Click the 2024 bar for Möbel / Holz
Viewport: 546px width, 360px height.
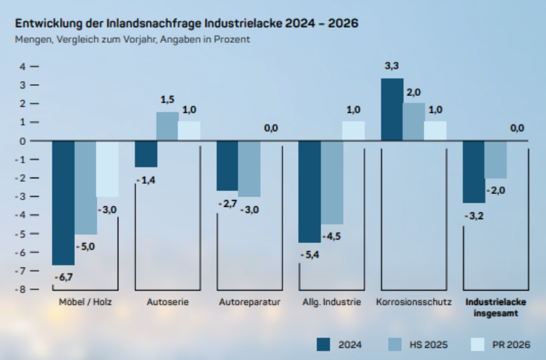[x=63, y=203]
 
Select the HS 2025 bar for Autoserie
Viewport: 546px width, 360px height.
[x=167, y=127]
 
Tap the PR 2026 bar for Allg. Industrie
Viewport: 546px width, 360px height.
[x=353, y=131]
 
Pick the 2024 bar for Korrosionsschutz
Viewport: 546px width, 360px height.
[x=392, y=110]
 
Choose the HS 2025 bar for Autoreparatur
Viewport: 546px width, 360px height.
[x=249, y=169]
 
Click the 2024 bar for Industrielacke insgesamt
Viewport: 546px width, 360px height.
[x=474, y=171]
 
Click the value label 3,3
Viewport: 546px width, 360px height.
[x=391, y=66]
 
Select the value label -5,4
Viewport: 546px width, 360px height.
[x=310, y=255]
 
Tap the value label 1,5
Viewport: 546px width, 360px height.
[x=167, y=99]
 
